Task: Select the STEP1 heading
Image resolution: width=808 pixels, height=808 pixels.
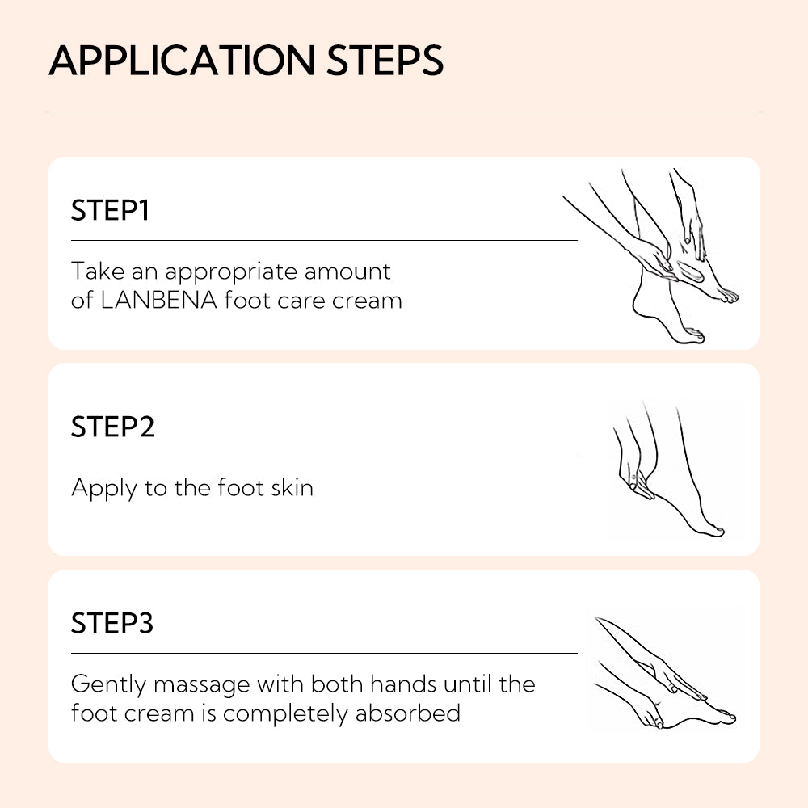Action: tap(110, 211)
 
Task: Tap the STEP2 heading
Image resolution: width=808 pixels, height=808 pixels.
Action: tap(112, 427)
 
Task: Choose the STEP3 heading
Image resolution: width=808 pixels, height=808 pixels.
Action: tap(112, 624)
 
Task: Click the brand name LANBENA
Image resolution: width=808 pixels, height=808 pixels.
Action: tap(158, 301)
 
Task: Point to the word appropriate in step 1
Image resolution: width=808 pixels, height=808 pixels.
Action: tap(227, 272)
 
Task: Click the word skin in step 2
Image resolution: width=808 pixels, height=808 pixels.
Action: tap(289, 488)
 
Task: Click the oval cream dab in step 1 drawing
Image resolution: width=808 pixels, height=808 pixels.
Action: tap(689, 270)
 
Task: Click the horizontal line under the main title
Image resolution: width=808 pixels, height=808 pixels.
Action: tap(404, 112)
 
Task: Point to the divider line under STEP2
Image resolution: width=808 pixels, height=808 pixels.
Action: tap(324, 457)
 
